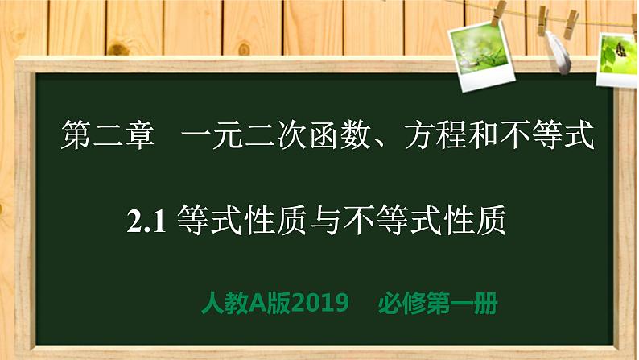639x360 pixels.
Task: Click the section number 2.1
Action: (146, 219)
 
